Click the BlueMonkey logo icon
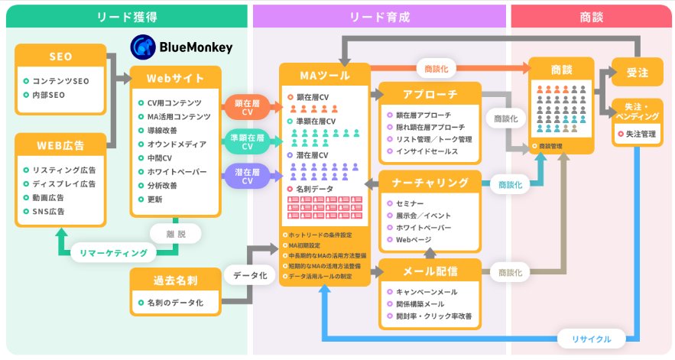pos(143,47)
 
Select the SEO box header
pos(60,57)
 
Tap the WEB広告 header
pos(60,145)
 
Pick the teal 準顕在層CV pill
pos(247,142)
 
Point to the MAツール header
pos(325,75)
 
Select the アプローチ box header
pos(430,94)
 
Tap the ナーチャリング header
pos(430,183)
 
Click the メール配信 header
pos(430,271)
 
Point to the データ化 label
pos(249,275)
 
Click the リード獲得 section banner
pos(125,15)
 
